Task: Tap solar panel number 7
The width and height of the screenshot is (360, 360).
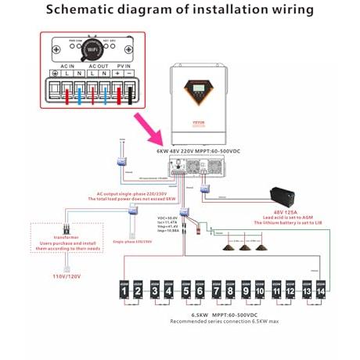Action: (x=214, y=292)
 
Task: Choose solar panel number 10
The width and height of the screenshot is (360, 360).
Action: (x=259, y=292)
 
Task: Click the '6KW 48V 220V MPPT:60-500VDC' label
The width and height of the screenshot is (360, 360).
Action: (x=198, y=150)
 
